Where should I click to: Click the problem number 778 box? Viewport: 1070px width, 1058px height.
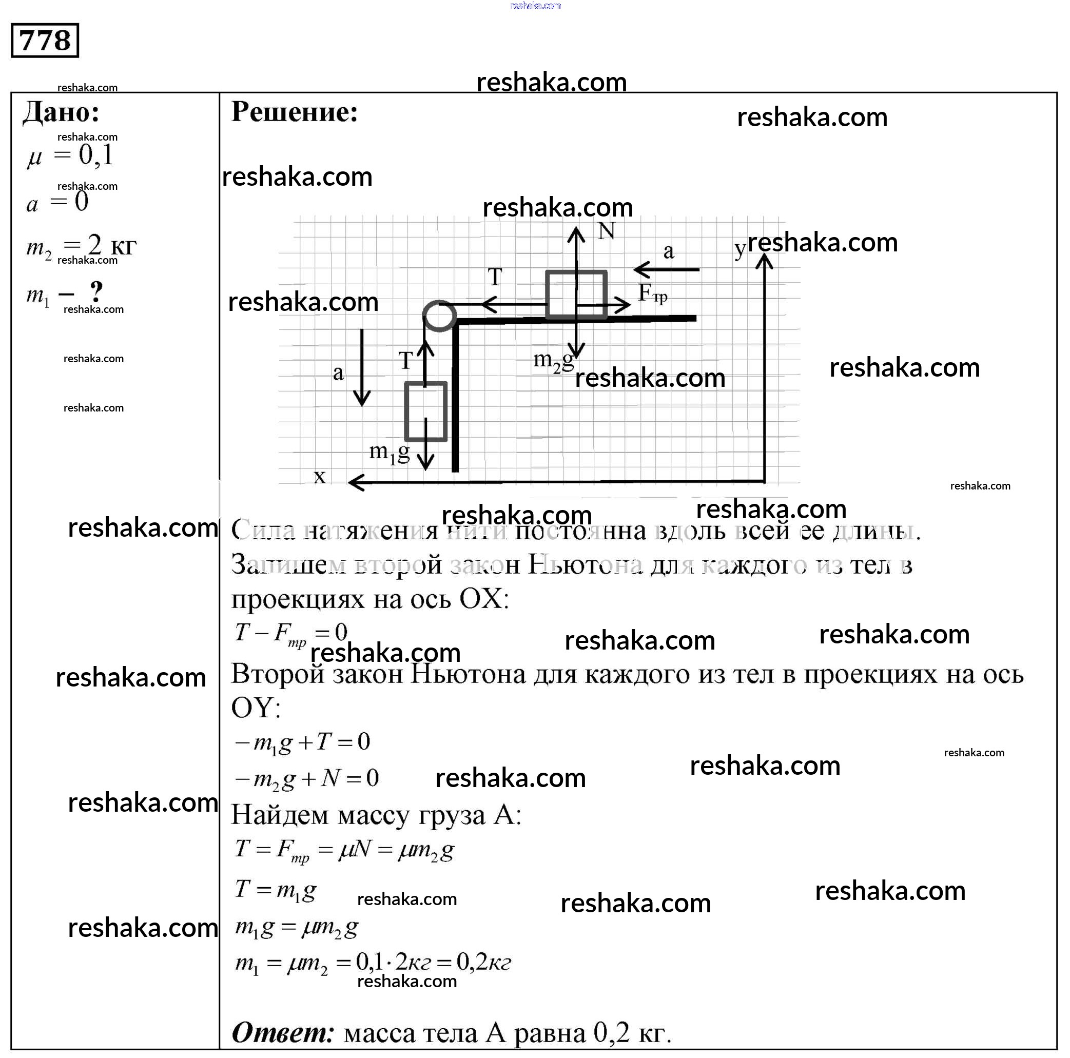coord(45,41)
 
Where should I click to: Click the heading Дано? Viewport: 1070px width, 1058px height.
coord(61,112)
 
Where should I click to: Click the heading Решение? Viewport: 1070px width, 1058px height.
coord(294,112)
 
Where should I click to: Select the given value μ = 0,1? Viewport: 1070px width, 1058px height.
coord(70,155)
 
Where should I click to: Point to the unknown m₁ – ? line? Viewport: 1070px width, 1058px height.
coord(64,293)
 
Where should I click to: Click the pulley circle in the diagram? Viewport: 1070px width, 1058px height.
coord(439,316)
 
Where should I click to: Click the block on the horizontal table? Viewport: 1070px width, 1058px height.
coord(576,295)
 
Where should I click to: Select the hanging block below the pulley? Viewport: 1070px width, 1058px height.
coord(425,412)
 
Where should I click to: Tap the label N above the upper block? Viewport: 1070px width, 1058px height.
coord(606,231)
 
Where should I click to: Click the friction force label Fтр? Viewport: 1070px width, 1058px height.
coord(652,293)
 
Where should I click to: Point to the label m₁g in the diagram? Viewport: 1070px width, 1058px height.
coord(390,453)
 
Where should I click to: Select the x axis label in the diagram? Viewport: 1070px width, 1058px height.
coord(320,477)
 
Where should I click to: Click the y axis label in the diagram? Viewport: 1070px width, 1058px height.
coord(740,250)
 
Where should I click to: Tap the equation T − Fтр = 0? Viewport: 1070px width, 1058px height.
coord(291,633)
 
